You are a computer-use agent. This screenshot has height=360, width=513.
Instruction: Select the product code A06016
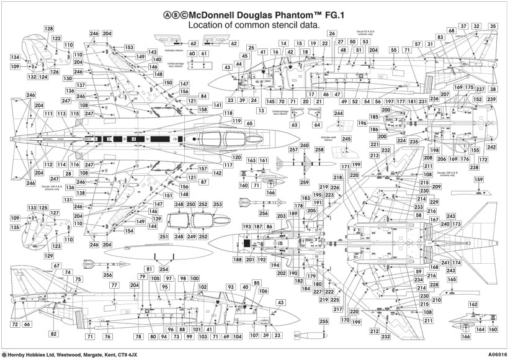[x=496, y=354]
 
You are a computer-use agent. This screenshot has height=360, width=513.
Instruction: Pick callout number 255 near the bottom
[x=323, y=321]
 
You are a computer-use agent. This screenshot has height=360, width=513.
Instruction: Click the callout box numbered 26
[x=332, y=34]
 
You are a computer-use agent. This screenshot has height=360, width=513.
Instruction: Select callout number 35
[x=493, y=26]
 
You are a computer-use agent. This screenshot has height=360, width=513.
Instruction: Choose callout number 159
[x=478, y=180]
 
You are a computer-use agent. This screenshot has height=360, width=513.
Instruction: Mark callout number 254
[x=164, y=269]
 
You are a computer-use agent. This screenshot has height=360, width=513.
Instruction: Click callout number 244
[x=338, y=114]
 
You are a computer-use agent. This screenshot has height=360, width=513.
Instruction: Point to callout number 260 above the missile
[x=304, y=145]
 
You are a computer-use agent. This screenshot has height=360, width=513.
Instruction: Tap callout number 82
[x=54, y=334]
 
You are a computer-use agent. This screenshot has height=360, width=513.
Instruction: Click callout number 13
[x=261, y=110]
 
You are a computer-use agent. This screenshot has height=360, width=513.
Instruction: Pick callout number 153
[x=128, y=47]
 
